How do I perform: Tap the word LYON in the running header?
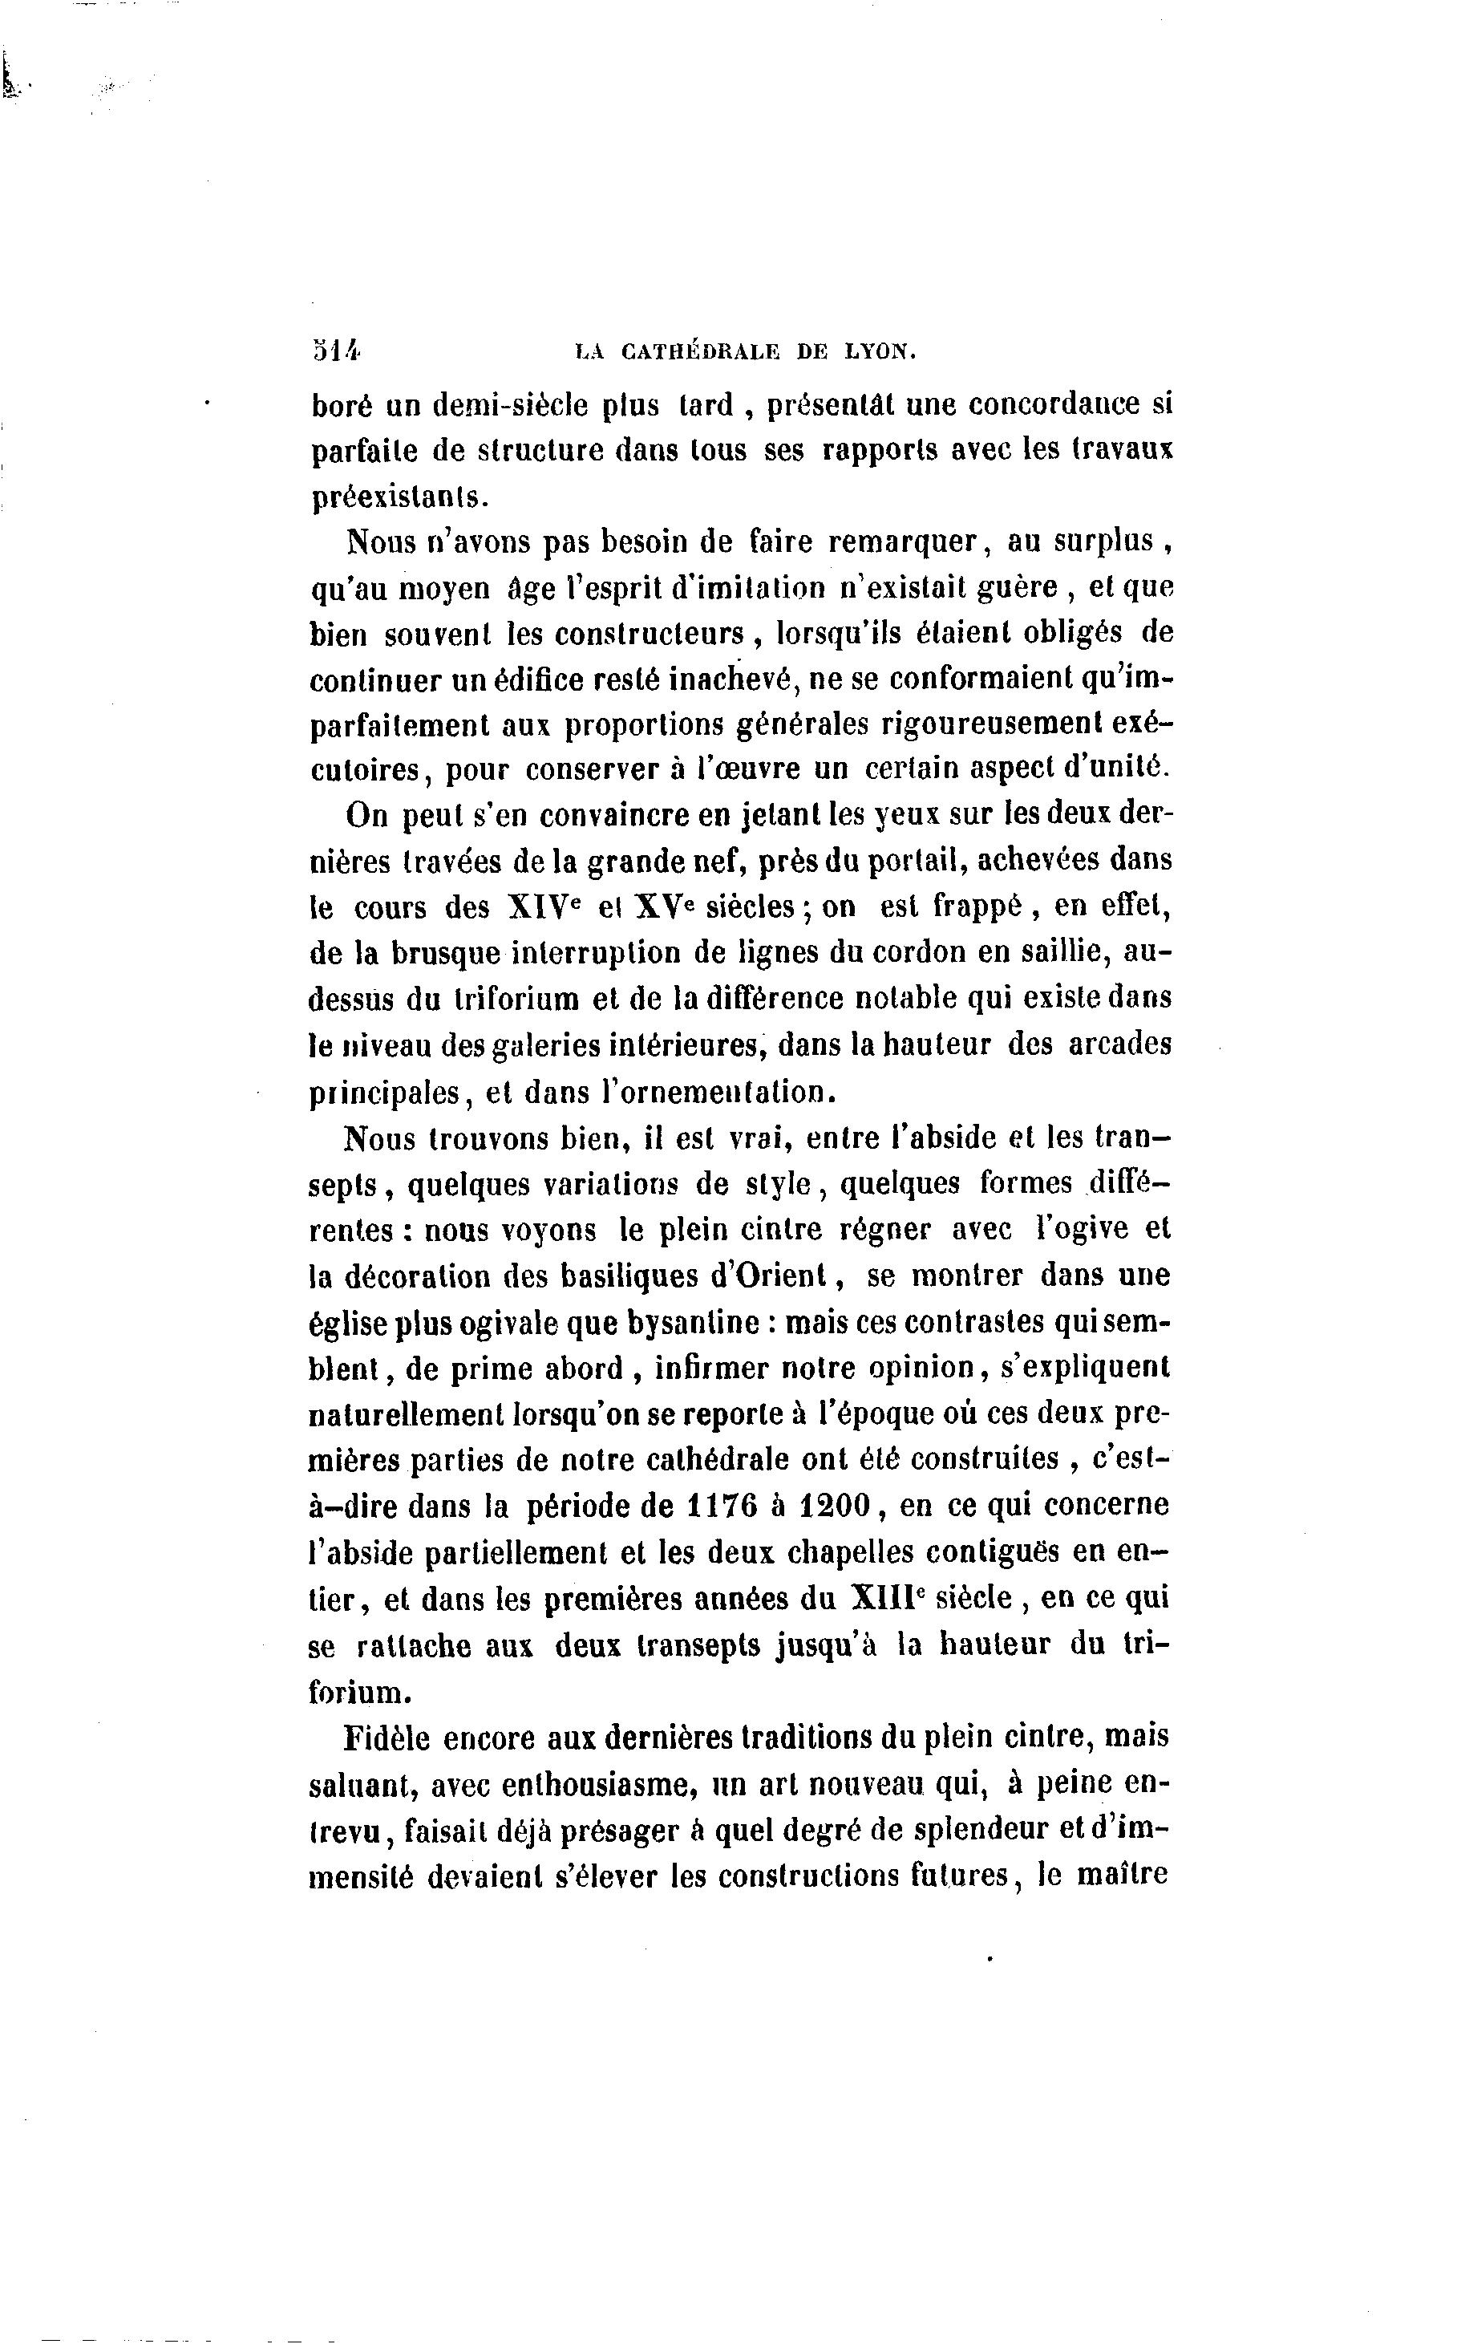click(x=879, y=353)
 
